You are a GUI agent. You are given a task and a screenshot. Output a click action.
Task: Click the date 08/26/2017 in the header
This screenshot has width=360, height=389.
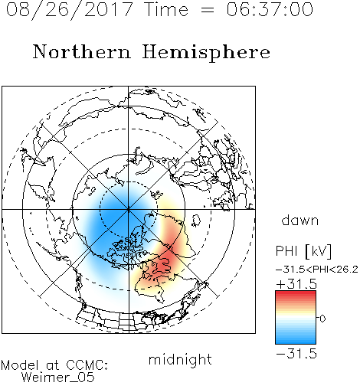(69, 9)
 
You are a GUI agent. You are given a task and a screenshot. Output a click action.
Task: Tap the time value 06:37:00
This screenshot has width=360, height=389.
(270, 9)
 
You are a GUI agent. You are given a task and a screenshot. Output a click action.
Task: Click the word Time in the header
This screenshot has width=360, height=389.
(166, 9)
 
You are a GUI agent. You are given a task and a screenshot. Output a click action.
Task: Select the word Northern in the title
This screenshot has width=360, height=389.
(82, 51)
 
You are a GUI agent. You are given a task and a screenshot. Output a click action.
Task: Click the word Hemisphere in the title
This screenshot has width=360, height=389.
(206, 53)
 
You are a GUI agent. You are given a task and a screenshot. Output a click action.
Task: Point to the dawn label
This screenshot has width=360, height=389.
(300, 220)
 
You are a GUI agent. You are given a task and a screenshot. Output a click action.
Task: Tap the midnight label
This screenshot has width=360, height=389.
(180, 359)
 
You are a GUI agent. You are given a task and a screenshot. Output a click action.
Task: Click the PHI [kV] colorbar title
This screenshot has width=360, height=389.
(304, 251)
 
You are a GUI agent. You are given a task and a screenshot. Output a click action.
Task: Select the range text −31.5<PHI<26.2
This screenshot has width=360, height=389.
(317, 270)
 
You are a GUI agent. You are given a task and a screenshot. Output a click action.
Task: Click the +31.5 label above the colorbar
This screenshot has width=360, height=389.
(296, 284)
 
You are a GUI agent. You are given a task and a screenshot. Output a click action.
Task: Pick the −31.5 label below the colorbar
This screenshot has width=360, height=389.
(296, 354)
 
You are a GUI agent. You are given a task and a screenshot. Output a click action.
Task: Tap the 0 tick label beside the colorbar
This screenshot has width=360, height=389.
(322, 319)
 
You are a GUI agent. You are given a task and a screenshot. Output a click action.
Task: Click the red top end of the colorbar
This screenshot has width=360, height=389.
(296, 293)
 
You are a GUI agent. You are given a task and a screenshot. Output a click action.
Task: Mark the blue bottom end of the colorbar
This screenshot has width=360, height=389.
(296, 342)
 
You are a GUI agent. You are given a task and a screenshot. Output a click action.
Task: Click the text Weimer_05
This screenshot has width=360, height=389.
(58, 378)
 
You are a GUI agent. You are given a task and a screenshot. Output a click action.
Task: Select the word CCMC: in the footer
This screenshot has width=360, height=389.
(87, 365)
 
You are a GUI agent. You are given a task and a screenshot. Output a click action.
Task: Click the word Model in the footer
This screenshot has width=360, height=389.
(20, 365)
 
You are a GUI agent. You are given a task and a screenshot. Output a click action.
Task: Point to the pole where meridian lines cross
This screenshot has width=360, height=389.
(129, 210)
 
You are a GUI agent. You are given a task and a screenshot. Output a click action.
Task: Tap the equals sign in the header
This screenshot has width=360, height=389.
(208, 10)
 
